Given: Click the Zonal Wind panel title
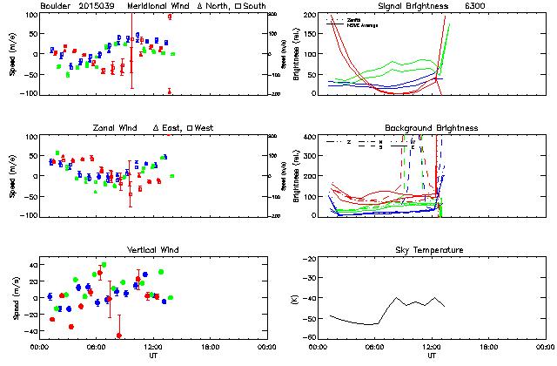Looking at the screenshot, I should pyautogui.click(x=117, y=128).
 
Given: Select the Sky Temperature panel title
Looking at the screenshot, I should pyautogui.click(x=432, y=250).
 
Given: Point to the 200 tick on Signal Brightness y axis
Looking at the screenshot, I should pyautogui.click(x=312, y=15).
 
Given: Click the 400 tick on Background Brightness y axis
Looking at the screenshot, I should pyautogui.click(x=312, y=137).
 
